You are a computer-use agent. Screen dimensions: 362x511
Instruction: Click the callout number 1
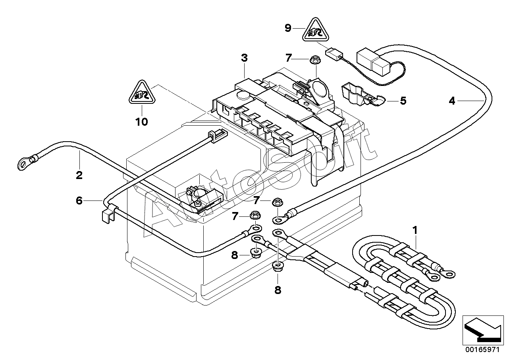[415, 230]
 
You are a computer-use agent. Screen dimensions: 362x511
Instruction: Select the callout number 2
[79, 175]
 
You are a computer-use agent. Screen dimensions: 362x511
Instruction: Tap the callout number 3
[244, 58]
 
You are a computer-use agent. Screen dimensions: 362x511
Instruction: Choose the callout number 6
[79, 201]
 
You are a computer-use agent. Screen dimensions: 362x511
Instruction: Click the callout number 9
[288, 27]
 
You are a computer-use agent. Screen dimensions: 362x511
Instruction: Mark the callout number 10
[141, 121]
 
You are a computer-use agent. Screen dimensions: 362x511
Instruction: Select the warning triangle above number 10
[141, 94]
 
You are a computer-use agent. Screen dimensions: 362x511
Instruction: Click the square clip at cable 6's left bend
[106, 215]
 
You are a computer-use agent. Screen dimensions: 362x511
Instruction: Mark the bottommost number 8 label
[278, 290]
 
